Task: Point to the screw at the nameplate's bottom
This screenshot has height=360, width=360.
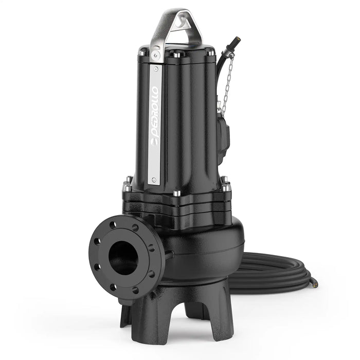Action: pos(152,179)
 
